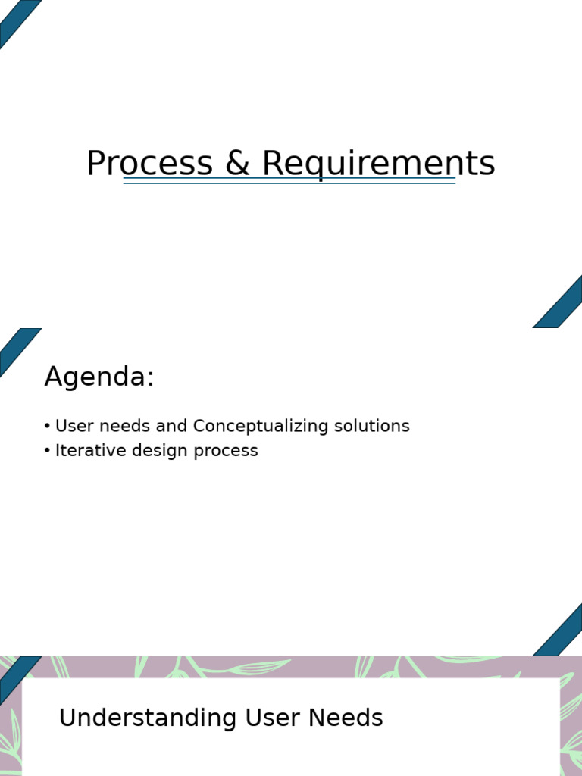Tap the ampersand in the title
point(237,164)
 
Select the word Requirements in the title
point(378,164)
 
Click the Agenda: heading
point(99,377)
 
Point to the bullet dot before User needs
point(48,426)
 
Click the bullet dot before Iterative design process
point(48,451)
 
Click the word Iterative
point(84,451)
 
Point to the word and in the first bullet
point(171,426)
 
